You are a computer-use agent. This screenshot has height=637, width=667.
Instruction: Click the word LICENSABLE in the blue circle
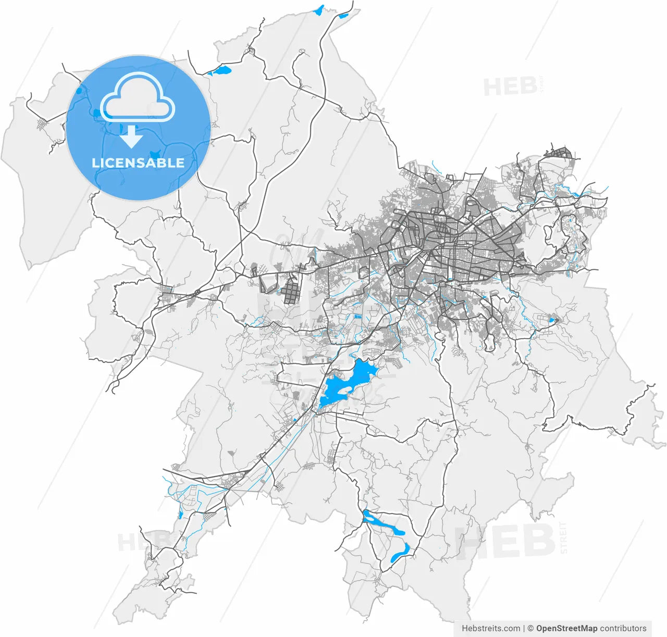click(138, 163)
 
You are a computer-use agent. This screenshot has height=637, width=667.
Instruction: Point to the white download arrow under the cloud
click(132, 136)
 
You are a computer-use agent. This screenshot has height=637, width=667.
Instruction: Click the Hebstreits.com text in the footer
click(490, 628)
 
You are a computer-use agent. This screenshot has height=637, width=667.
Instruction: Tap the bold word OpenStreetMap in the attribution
click(566, 628)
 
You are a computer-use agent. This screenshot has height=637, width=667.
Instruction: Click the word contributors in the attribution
click(623, 628)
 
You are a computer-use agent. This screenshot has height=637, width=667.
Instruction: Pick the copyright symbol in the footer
click(530, 628)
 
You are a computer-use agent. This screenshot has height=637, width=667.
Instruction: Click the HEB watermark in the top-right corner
click(510, 86)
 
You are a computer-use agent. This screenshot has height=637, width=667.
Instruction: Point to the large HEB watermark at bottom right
click(505, 542)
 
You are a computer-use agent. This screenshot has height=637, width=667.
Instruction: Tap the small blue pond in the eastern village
click(551, 319)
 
